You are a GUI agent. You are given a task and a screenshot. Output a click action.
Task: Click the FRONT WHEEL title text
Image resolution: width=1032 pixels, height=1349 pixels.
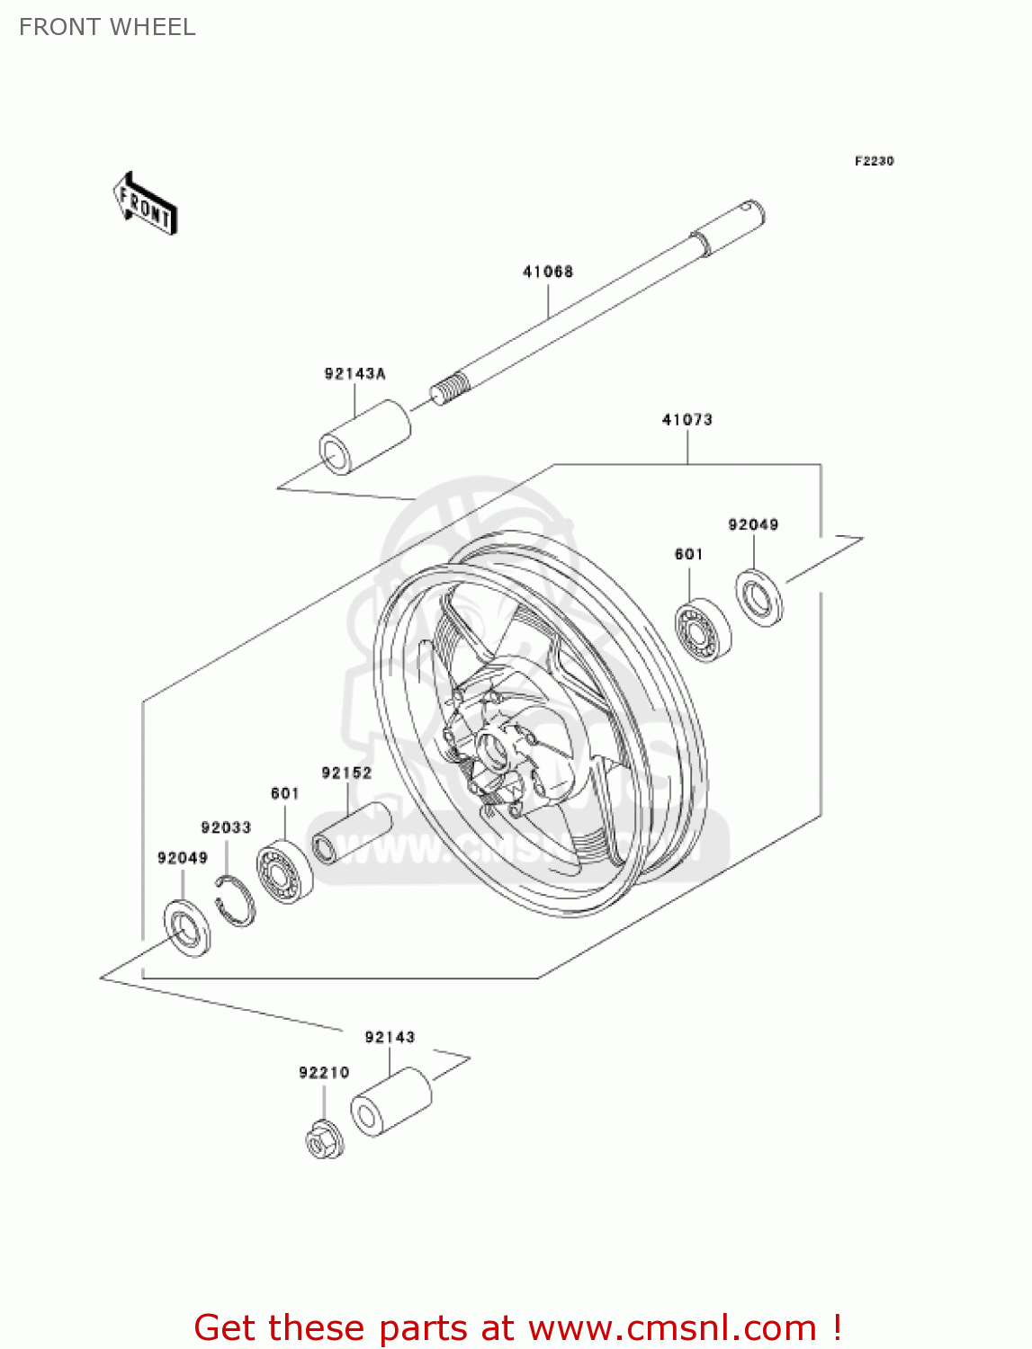107,27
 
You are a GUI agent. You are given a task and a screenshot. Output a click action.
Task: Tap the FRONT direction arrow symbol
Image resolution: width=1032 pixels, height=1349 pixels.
145,203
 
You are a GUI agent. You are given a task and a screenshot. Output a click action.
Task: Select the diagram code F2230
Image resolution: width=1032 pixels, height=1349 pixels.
874,161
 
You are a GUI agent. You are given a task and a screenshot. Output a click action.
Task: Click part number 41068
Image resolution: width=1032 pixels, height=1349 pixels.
547,272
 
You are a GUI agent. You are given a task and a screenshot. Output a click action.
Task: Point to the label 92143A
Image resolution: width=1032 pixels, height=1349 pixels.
354,373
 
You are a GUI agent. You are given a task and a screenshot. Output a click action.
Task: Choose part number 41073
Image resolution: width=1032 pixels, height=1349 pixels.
687,419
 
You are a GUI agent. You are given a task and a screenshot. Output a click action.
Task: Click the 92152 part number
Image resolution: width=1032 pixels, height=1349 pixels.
346,773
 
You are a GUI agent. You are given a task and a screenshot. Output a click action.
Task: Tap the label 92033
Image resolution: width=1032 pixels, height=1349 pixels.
226,827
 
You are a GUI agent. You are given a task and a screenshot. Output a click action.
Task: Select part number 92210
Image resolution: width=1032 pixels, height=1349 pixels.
324,1072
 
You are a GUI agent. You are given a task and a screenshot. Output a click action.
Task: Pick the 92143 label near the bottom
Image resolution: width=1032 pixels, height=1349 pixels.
390,1037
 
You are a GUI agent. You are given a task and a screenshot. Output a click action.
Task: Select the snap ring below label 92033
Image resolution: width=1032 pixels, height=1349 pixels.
236,899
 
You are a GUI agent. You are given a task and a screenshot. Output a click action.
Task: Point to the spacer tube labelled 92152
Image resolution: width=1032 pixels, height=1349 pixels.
351,833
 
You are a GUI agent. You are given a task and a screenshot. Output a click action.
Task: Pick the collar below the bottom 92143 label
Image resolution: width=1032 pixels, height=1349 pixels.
390,1102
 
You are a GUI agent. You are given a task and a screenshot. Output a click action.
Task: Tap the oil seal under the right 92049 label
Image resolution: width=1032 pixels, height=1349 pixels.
758,597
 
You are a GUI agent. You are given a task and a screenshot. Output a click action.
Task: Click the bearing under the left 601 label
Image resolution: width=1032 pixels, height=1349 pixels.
284,871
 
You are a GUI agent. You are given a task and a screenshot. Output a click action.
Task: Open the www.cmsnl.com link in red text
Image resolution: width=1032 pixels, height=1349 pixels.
671,1327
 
